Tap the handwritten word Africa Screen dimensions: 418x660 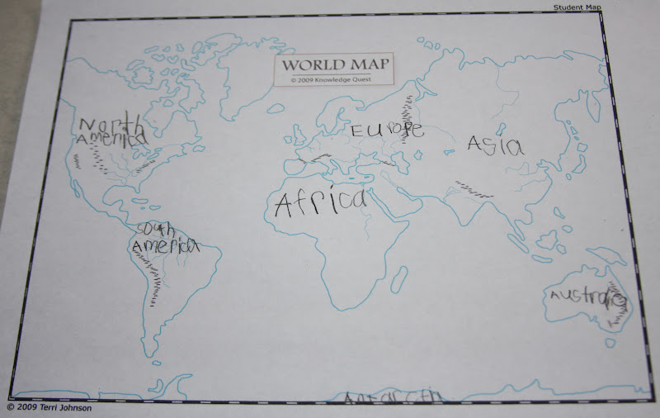pyautogui.click(x=320, y=202)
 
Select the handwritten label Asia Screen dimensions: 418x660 pyautogui.click(x=495, y=145)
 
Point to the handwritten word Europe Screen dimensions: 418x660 pyautogui.click(x=387, y=130)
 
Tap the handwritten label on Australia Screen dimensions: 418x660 pyautogui.click(x=587, y=297)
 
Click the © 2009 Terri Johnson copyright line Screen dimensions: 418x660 pyautogui.click(x=50, y=407)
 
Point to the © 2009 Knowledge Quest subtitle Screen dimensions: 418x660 pyautogui.click(x=335, y=80)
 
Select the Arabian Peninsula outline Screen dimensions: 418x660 pyautogui.click(x=388, y=198)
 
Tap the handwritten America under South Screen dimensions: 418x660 pyautogui.click(x=165, y=246)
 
